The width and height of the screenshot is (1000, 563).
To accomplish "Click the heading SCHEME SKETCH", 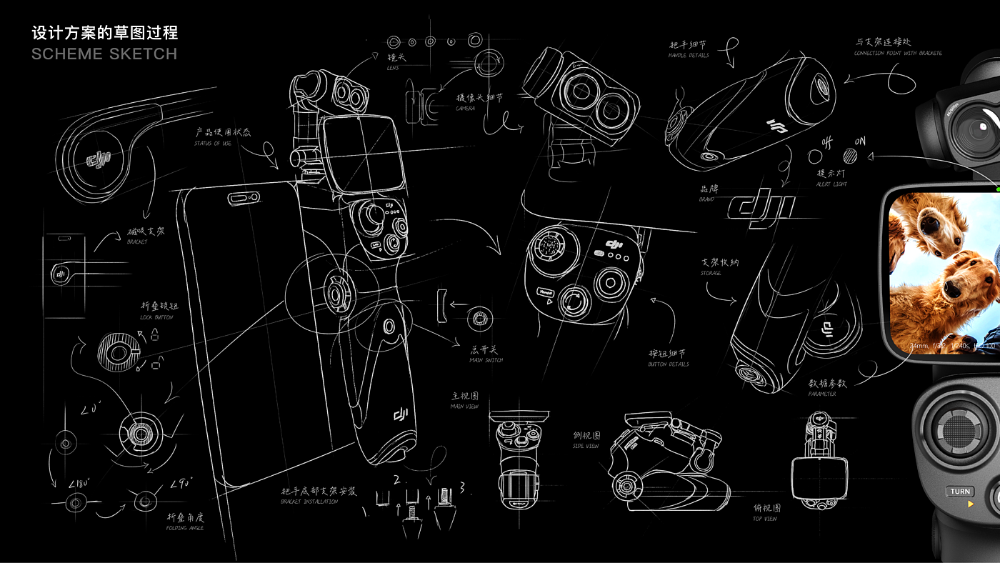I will click(x=104, y=54).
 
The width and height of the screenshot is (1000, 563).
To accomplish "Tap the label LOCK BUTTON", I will click(x=156, y=317).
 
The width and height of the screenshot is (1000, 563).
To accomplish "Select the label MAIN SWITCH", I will click(x=486, y=361).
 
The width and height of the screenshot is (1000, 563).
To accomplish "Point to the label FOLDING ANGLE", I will click(x=185, y=528).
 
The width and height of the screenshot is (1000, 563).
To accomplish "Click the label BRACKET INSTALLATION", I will click(x=309, y=502).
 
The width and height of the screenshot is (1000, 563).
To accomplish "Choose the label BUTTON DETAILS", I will click(x=669, y=364).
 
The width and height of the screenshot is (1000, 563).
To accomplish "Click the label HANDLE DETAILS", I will click(x=689, y=56).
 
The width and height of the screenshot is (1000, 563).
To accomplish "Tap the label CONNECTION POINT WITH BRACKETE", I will click(x=898, y=54).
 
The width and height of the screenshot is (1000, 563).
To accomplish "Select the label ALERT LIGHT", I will click(x=831, y=184).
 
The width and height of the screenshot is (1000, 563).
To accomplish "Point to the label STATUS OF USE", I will click(x=213, y=144).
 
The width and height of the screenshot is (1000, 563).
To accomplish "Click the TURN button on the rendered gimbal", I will click(x=960, y=492).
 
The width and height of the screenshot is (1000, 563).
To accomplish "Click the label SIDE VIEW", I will click(x=586, y=447).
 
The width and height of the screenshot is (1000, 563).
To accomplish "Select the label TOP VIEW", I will click(x=764, y=519).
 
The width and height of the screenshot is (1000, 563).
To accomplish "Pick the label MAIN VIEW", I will click(x=465, y=407).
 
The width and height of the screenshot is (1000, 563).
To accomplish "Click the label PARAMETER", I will click(x=822, y=394).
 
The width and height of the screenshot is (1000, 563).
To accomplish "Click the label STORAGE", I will click(x=711, y=274).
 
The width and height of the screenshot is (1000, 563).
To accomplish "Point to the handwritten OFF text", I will click(x=827, y=142).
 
